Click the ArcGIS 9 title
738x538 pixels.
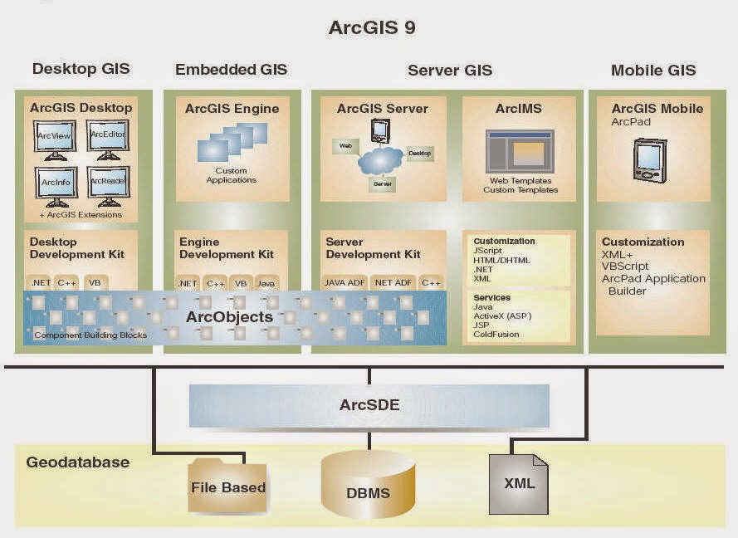point(372,27)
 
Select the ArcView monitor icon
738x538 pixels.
point(55,139)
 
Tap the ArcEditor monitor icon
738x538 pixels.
point(107,138)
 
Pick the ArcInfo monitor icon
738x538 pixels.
point(55,184)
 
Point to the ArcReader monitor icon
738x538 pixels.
point(108,184)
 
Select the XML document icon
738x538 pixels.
point(518,483)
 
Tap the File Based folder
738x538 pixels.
point(227,486)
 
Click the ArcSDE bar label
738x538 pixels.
point(369,405)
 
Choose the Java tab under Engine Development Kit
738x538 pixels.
point(266,283)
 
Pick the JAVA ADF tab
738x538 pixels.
point(345,283)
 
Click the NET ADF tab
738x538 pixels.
point(393,283)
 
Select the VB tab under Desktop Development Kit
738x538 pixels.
point(95,283)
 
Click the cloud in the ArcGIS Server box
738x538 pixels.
point(379,160)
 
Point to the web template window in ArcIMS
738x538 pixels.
point(520,151)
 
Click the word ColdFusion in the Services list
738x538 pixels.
point(496,335)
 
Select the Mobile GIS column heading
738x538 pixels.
point(653,71)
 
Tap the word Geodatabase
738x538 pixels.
point(77,462)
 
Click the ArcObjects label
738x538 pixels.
point(229,317)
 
